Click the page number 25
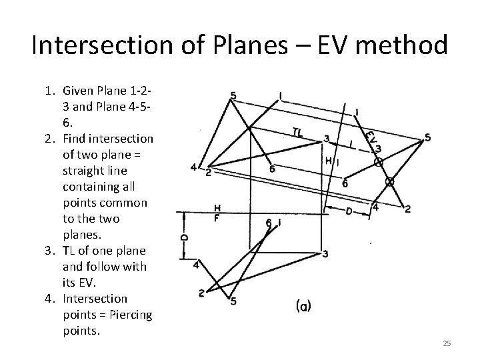pos(447,343)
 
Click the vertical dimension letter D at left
pos(185,236)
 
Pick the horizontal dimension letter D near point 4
pos(349,211)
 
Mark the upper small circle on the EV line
pos(379,161)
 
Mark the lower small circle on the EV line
pos(391,181)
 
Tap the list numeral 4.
pos(48,298)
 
